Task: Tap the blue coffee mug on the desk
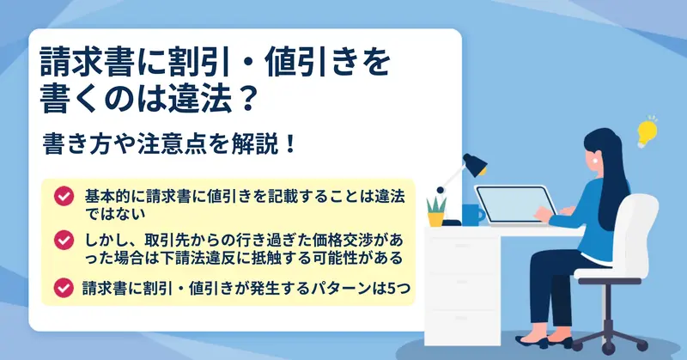tap(473, 215)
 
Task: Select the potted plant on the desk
tap(436, 211)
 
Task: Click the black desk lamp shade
tap(476, 164)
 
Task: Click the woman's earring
tap(595, 161)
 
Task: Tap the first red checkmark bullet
tap(64, 196)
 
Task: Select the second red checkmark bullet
tap(64, 240)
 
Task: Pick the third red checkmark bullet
tap(64, 288)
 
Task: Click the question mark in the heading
tap(247, 99)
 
